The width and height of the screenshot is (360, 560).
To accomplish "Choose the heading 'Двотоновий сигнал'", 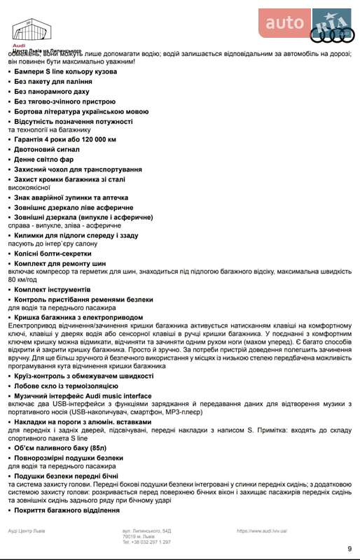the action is tap(48, 149).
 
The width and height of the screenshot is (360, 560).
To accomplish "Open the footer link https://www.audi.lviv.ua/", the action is tap(262, 531).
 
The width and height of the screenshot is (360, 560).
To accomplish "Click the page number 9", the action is tap(349, 548).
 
